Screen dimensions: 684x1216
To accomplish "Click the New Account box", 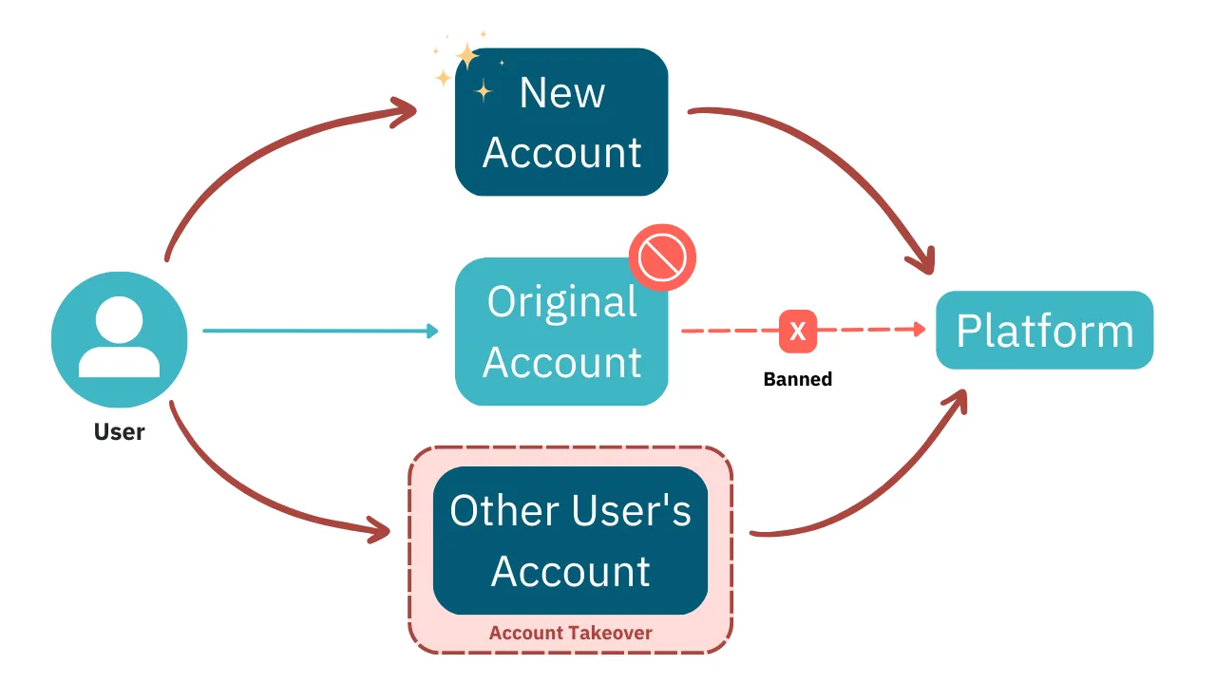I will point(561,123).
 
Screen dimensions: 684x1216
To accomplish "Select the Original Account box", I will point(561,332).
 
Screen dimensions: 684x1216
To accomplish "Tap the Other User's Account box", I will point(570,541).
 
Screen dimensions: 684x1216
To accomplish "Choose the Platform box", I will point(1044,331).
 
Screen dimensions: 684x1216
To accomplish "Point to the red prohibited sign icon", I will point(662,257).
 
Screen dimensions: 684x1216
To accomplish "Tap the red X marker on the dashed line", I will point(798,331).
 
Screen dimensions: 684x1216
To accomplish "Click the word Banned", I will point(798,379).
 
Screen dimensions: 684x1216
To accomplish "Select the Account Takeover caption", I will point(570,633).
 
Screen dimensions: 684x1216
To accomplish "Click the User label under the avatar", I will point(119,432).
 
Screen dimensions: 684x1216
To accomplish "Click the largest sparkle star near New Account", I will point(467,57).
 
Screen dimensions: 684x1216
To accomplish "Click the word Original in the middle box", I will point(561,302).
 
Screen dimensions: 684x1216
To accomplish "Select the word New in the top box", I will point(561,93).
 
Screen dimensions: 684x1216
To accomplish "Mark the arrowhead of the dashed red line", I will point(918,330).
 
